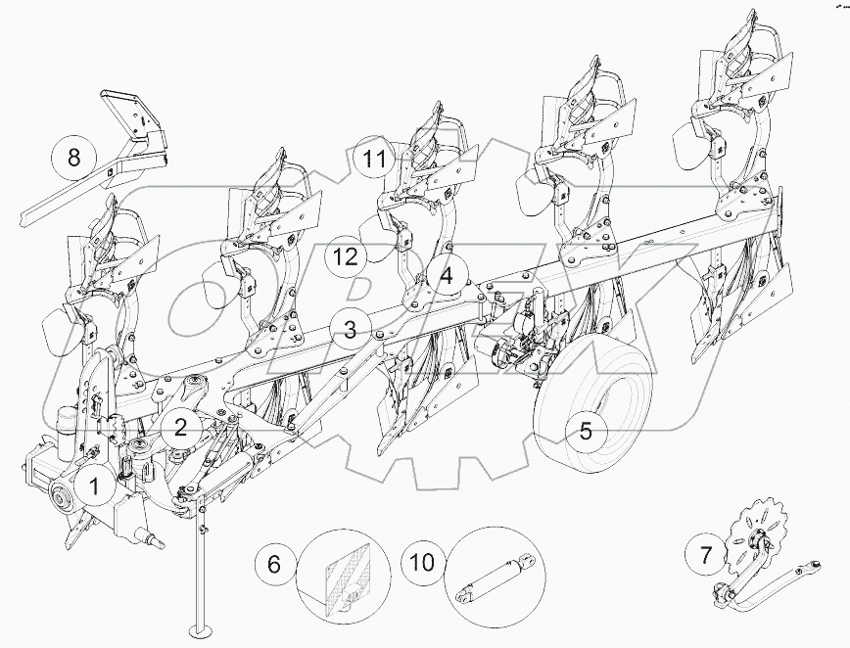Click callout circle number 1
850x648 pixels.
coord(95,484)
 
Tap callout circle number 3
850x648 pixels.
coord(351,328)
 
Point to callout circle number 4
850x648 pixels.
coord(446,276)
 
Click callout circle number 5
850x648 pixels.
coord(586,431)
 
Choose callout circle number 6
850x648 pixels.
coord(274,565)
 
